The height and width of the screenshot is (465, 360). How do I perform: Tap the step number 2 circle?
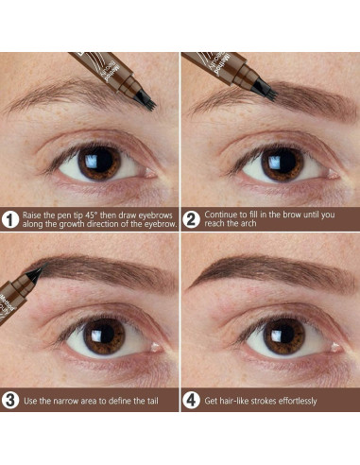coord(191,219)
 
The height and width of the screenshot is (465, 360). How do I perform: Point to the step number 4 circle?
coord(191,401)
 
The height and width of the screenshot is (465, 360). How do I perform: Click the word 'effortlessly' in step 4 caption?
coord(289,401)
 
